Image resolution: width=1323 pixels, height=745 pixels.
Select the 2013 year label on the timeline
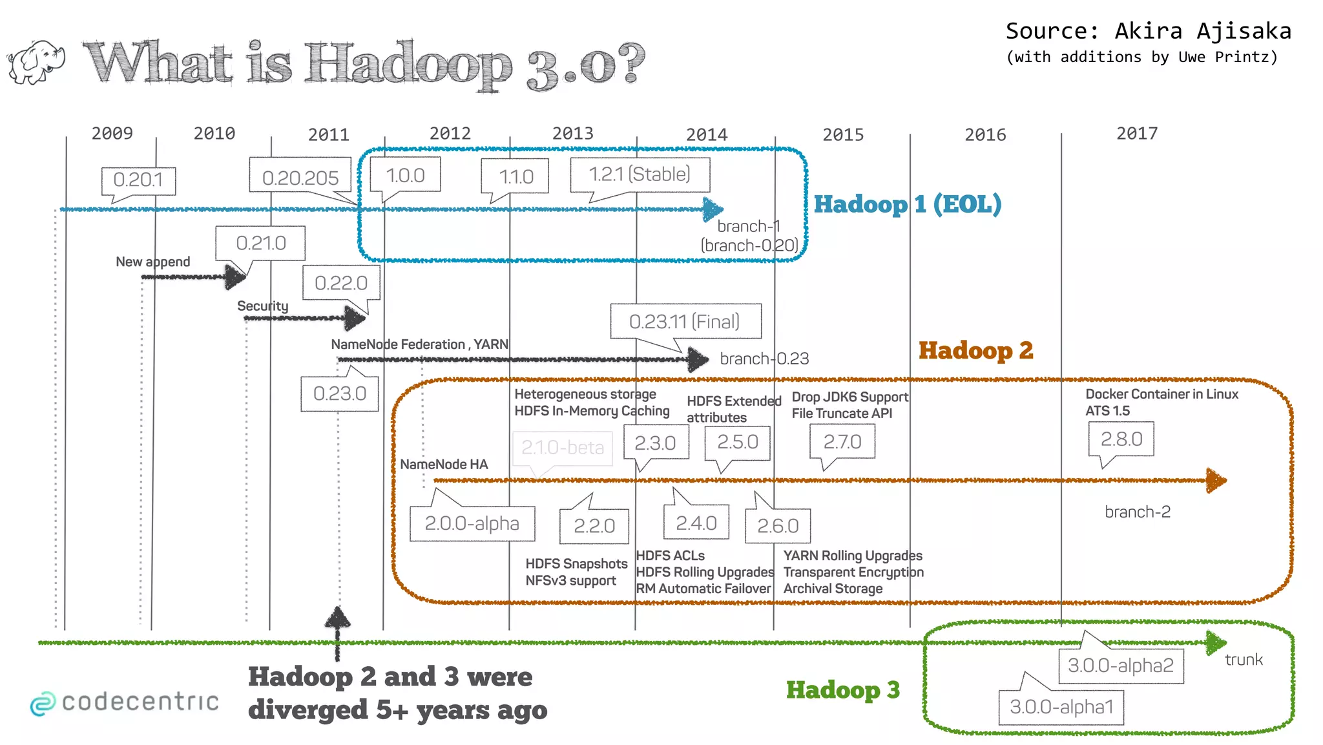coord(572,133)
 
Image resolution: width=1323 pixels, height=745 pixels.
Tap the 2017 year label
coord(1137,133)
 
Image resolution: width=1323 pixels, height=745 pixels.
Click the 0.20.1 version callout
coord(138,180)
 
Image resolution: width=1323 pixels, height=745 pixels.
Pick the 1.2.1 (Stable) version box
coord(640,174)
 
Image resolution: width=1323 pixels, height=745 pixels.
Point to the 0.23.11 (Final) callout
coord(685,321)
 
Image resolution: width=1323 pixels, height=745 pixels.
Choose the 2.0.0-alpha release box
coord(472,523)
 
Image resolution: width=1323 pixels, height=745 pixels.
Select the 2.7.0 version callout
coord(842,441)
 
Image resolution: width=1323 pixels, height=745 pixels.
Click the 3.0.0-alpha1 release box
coord(1061,707)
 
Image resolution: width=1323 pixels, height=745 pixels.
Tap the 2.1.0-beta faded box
coord(562,447)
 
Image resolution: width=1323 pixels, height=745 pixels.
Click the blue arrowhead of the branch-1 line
coord(713,209)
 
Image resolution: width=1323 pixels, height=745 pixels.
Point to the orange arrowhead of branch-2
coord(1216,481)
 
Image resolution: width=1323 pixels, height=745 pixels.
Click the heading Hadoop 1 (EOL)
coord(907,204)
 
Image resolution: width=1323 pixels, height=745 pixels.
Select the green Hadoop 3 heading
coord(842,690)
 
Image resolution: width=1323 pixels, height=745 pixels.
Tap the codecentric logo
coord(125,702)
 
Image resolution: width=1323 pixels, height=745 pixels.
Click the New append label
coord(152,262)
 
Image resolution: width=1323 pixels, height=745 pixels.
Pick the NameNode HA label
coord(444,464)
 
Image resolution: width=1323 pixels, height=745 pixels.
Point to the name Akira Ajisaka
coord(1203,31)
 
